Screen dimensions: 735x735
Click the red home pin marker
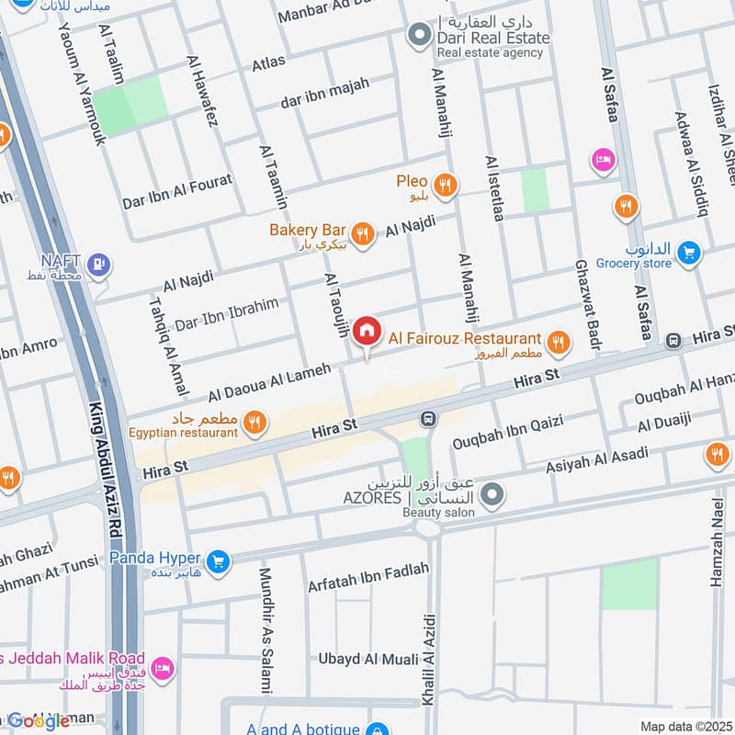(367, 331)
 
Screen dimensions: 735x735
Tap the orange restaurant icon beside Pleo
(446, 186)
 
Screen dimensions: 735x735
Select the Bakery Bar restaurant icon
(363, 234)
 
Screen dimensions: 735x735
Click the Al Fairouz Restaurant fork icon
(558, 344)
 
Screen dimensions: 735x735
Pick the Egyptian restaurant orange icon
(256, 422)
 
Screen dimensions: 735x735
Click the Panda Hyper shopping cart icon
(217, 560)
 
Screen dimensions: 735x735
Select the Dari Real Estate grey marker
(420, 36)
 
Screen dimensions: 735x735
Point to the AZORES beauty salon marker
(492, 497)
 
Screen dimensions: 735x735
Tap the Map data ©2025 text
(685, 727)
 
